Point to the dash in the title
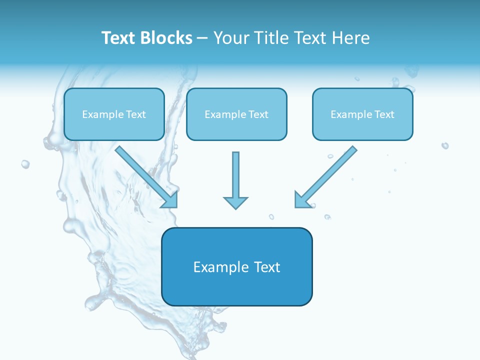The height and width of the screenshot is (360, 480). tap(202, 38)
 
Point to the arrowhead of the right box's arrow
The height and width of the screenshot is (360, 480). tap(301, 200)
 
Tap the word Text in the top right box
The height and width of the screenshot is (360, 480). tap(384, 114)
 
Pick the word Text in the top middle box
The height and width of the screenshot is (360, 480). tap(258, 114)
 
